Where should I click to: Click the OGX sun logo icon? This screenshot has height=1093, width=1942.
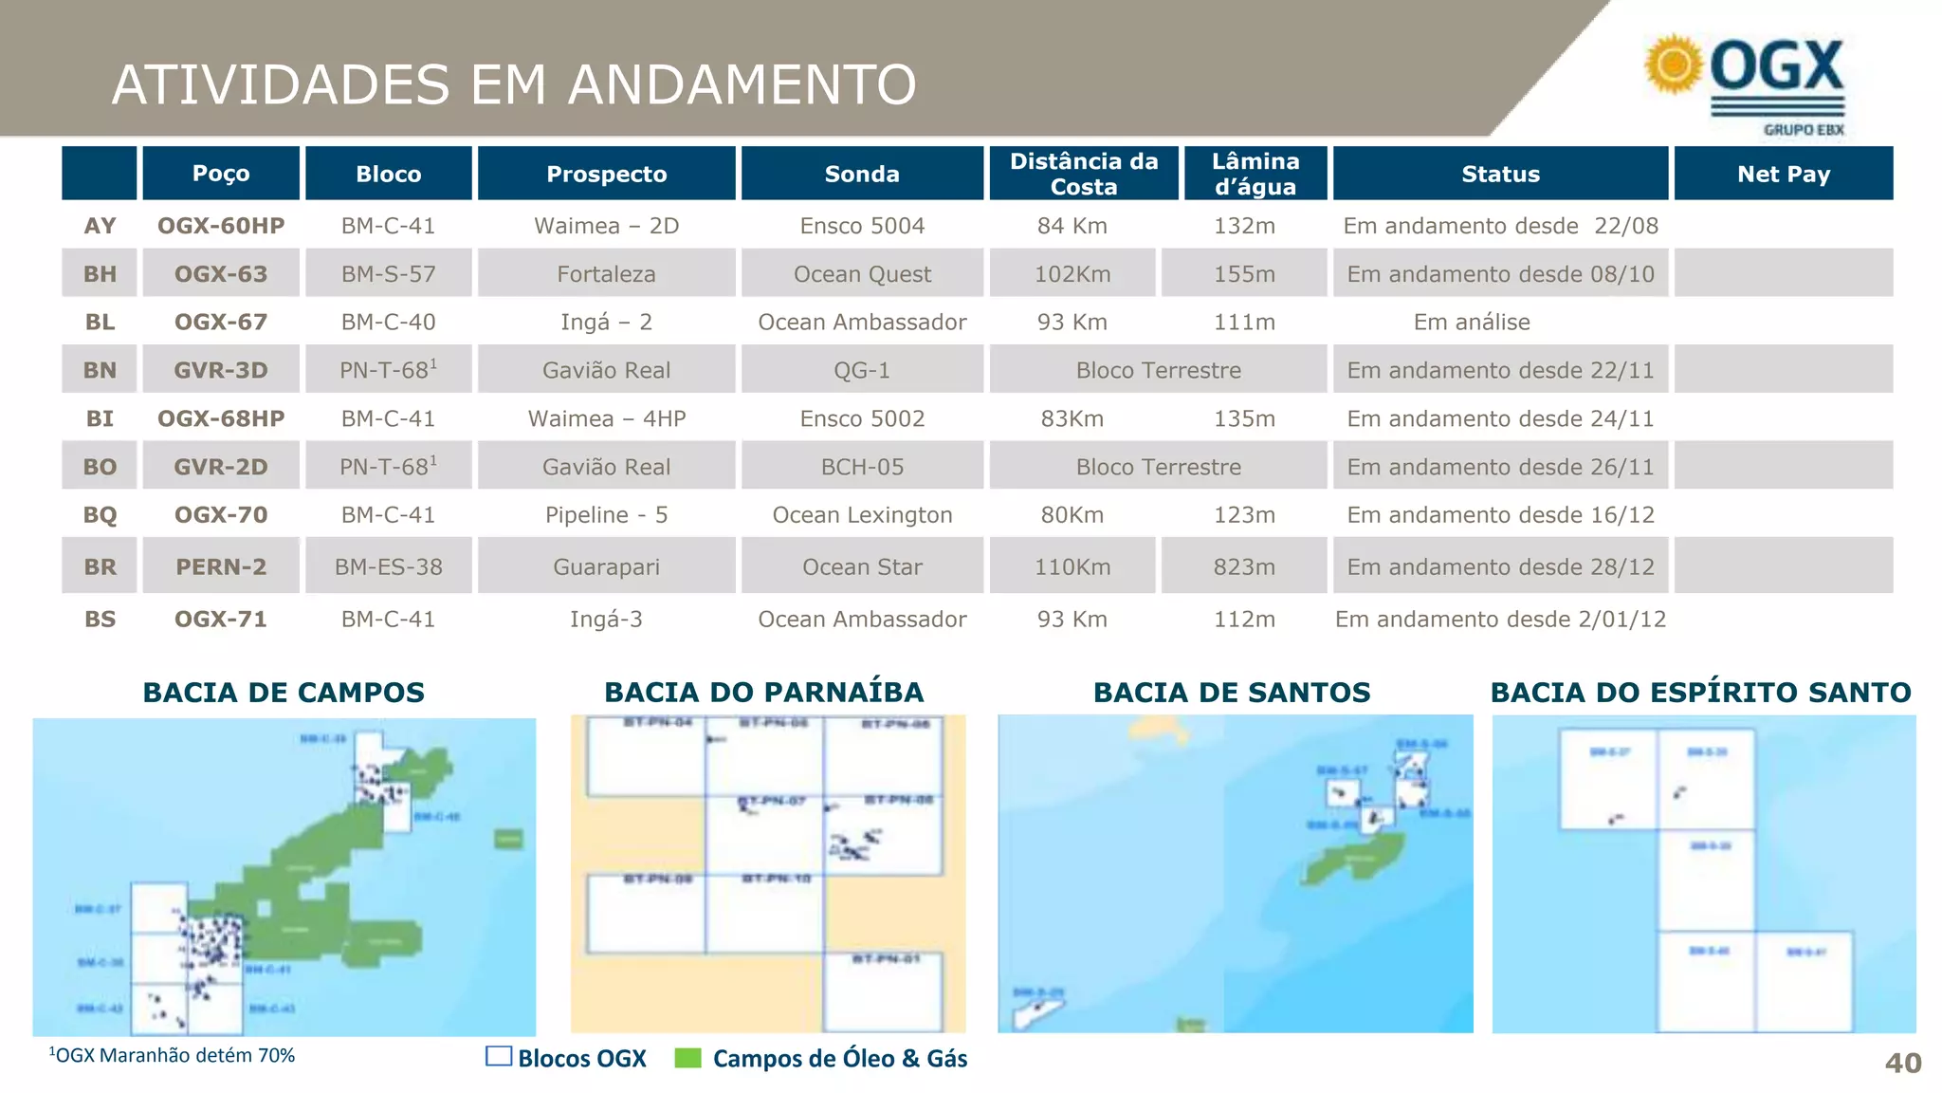(1674, 65)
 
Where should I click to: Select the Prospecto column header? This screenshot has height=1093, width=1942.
(606, 174)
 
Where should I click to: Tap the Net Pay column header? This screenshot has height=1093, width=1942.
(1783, 174)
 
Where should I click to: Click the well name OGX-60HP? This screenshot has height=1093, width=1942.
(221, 226)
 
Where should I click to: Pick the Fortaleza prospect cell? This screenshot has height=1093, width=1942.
(606, 274)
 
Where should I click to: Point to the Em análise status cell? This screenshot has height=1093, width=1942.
(1472, 323)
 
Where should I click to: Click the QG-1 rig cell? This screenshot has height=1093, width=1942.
(862, 370)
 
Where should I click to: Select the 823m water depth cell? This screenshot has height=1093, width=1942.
(1244, 567)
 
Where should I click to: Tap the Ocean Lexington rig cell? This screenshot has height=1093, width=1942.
(862, 515)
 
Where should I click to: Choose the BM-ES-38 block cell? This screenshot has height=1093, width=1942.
(388, 567)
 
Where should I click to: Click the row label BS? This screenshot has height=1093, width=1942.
(100, 620)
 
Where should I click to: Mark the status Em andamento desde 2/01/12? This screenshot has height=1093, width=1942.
(1500, 620)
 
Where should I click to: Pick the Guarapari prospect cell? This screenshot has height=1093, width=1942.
(606, 567)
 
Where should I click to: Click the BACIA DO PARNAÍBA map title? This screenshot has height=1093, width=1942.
(763, 693)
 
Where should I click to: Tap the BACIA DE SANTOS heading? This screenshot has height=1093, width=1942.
(1232, 693)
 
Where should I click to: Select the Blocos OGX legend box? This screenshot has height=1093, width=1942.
(499, 1057)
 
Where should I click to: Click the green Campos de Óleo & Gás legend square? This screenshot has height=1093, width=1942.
(687, 1058)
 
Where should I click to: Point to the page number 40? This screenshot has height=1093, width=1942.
(1902, 1063)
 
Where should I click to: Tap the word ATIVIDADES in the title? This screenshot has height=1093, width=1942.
(281, 84)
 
